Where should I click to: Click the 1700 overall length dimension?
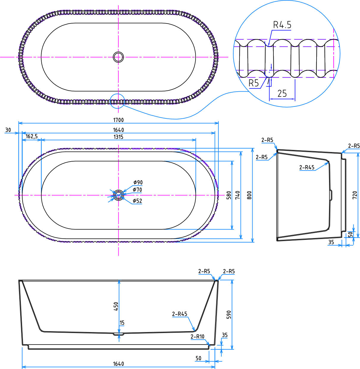tap(118, 120)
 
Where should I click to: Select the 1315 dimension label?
tap(118, 137)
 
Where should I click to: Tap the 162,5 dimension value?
tap(32, 136)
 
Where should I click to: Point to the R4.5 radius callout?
tap(282, 25)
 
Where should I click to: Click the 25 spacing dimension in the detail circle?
tap(282, 93)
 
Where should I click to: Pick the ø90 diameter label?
tap(138, 182)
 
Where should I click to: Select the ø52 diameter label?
tap(137, 201)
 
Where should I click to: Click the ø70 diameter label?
tap(137, 190)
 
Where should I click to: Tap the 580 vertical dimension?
tap(229, 195)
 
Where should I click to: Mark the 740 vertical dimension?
tap(238, 195)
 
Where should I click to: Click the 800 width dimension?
tap(249, 195)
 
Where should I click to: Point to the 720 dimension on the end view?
tap(355, 195)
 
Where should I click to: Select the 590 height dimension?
tap(229, 315)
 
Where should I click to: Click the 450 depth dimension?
tap(116, 307)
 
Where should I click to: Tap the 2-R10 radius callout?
tap(197, 337)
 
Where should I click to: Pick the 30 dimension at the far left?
tap(8, 130)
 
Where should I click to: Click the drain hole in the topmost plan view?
tap(118, 57)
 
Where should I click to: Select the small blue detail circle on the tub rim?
tap(117, 101)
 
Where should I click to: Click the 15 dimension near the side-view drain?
tap(122, 323)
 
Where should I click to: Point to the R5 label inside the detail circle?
tap(253, 83)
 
